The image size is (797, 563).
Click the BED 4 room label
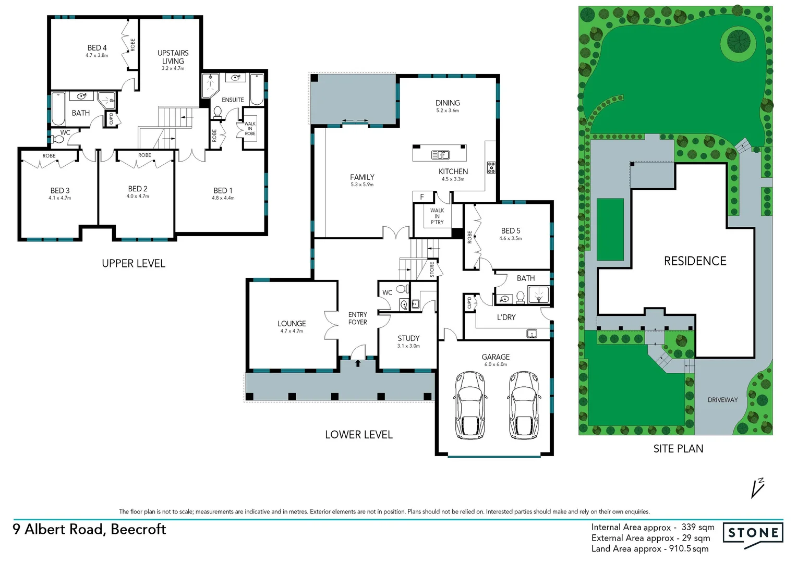(x=97, y=48)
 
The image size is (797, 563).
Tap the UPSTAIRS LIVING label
(x=173, y=57)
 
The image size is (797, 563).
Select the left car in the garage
(x=472, y=405)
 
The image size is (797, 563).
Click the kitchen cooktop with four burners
(x=491, y=167)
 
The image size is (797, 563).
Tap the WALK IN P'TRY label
(x=437, y=216)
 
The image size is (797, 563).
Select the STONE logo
(x=753, y=533)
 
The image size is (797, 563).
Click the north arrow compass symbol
(x=757, y=488)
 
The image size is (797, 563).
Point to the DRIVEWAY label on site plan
(x=722, y=400)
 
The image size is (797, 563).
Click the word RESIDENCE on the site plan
(x=695, y=261)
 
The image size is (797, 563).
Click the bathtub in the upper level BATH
(x=58, y=109)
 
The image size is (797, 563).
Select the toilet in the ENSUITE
(x=218, y=112)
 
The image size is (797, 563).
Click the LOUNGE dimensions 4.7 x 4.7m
(x=292, y=331)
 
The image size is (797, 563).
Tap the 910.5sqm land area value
(x=689, y=548)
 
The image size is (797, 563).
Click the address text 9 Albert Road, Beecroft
(x=89, y=529)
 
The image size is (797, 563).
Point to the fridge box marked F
(x=422, y=197)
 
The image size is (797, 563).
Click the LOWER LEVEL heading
(x=358, y=435)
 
